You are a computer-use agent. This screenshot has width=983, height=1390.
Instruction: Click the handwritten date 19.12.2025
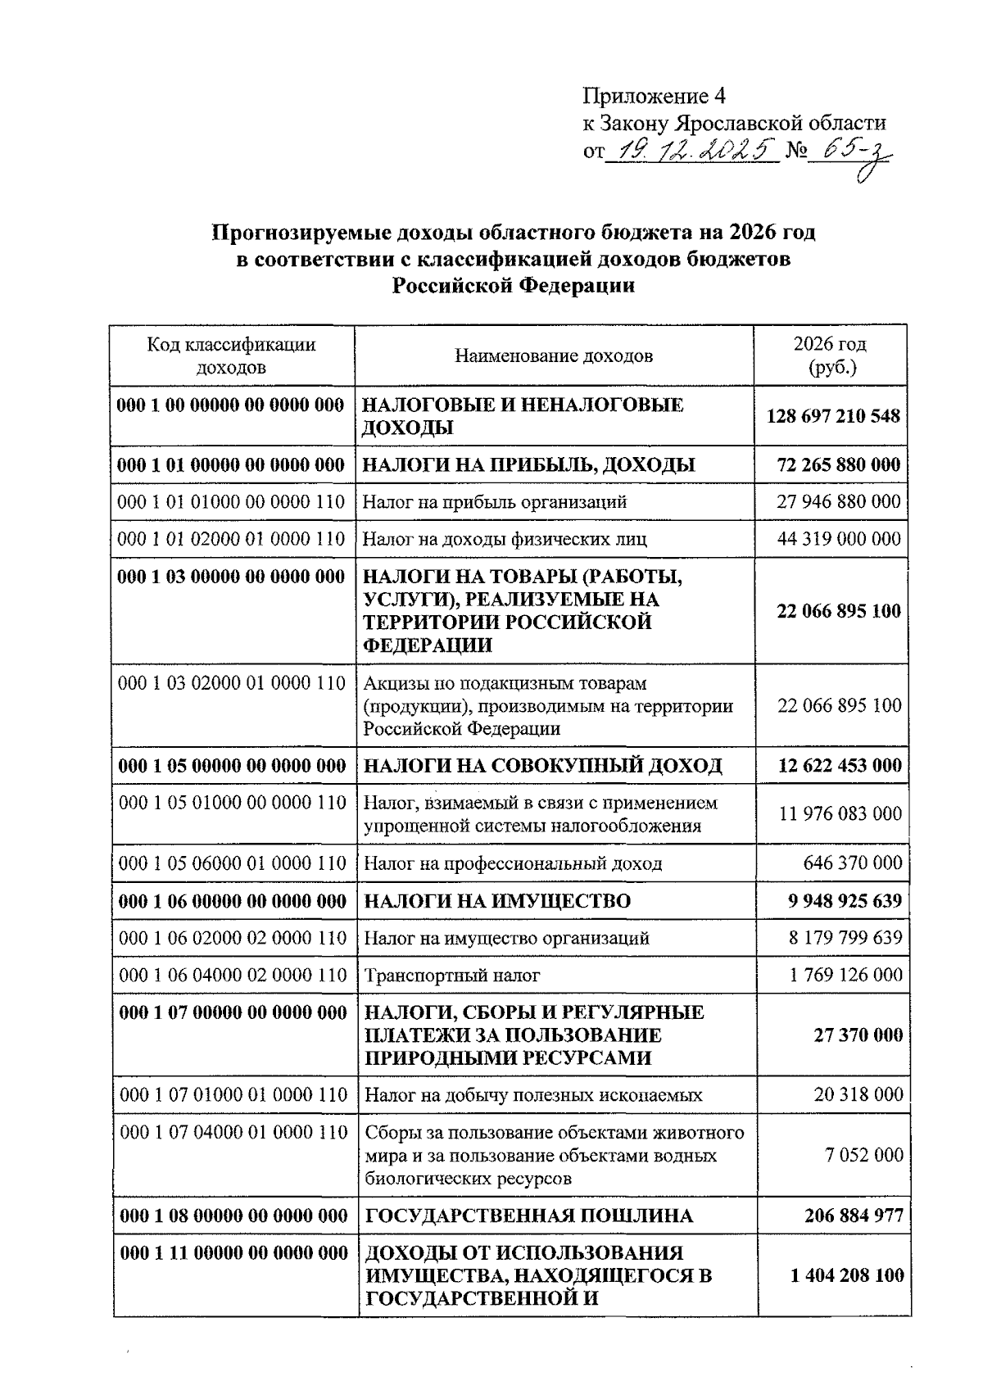(x=692, y=150)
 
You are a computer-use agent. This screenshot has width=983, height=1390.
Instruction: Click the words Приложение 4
(x=654, y=97)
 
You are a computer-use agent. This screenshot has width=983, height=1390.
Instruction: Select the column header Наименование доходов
(x=554, y=355)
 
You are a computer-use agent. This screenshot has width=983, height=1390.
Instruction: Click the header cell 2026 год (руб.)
(x=830, y=355)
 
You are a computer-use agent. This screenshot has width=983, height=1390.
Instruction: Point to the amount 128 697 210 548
(x=833, y=416)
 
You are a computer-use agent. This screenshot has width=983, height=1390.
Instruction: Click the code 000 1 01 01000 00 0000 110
(x=232, y=501)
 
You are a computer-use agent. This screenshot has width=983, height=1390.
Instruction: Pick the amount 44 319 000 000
(x=839, y=539)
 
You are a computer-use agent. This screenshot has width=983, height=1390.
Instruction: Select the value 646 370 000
(x=852, y=863)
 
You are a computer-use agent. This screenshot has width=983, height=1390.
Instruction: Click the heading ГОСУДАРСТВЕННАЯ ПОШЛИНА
(x=528, y=1216)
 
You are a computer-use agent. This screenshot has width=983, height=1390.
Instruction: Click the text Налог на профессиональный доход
(x=512, y=863)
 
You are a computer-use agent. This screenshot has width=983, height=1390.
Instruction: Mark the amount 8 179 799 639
(x=845, y=938)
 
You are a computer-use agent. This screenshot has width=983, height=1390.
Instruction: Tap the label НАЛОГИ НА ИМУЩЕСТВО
(x=496, y=901)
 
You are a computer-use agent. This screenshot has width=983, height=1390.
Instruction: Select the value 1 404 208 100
(x=847, y=1275)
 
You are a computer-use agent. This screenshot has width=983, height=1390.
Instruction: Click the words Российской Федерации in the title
(x=514, y=286)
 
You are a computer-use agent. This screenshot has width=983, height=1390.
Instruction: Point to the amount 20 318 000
(x=858, y=1094)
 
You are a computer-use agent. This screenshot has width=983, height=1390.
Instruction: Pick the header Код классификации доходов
(x=232, y=355)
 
